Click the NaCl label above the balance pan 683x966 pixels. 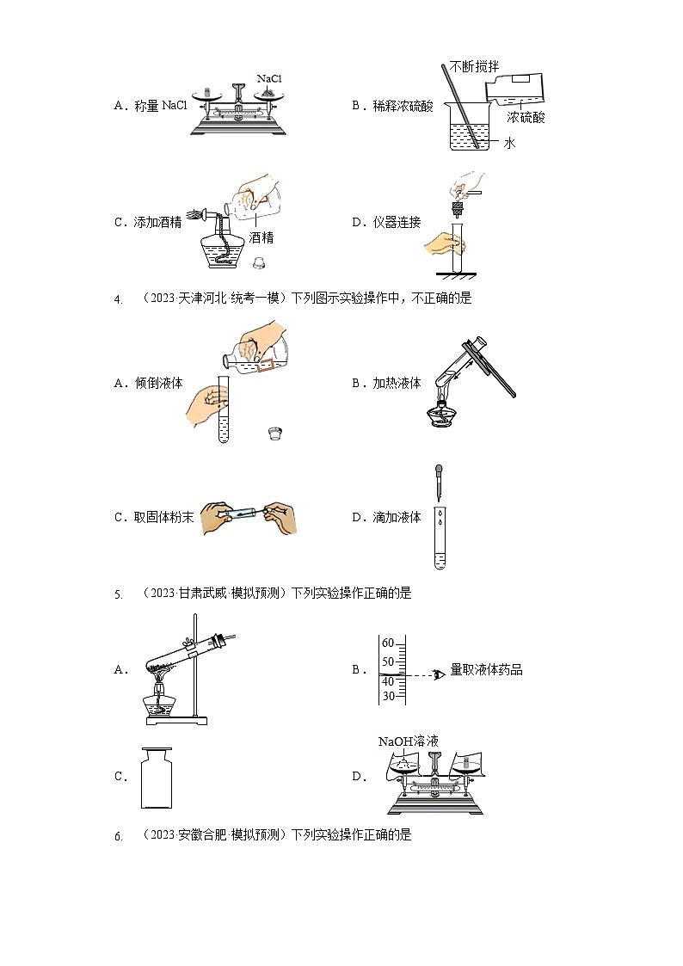pos(269,78)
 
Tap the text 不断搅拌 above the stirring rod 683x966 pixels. pos(472,66)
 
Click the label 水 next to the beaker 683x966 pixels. pos(509,144)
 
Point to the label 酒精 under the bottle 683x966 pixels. pos(262,238)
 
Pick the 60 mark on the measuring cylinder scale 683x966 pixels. pos(387,643)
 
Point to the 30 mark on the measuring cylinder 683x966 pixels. pos(387,696)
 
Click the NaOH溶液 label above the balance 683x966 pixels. pos(409,741)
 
